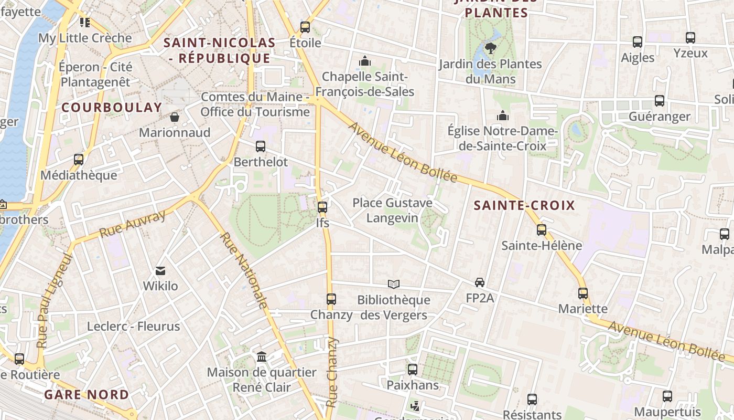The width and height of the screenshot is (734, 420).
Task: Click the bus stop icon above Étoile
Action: (x=305, y=27)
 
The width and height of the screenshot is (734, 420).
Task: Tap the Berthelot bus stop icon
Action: (x=261, y=146)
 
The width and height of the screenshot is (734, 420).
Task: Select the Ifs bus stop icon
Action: (x=322, y=207)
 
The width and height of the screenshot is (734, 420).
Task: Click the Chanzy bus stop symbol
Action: (x=331, y=299)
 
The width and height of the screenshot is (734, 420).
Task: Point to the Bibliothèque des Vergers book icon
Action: (x=394, y=284)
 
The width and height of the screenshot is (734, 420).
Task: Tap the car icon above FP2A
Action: (x=480, y=282)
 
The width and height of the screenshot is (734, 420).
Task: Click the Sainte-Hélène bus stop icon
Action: (x=542, y=230)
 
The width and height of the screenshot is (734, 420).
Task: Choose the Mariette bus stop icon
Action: (x=583, y=293)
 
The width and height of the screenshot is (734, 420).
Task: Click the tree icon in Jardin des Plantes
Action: (x=491, y=48)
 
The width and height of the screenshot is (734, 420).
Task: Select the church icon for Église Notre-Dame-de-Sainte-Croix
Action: (x=503, y=115)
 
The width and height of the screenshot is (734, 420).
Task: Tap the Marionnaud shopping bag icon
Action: (x=175, y=117)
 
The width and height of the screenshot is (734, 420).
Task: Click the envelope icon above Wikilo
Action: (x=160, y=271)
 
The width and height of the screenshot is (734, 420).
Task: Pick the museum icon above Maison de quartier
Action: (x=262, y=357)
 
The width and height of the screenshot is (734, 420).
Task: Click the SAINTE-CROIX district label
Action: (x=524, y=205)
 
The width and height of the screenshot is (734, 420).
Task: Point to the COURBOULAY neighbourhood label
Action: (x=112, y=107)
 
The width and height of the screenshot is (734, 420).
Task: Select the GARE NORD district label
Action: (x=87, y=394)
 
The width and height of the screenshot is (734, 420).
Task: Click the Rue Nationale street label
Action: (x=244, y=270)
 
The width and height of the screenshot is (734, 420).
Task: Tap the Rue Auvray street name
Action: (x=132, y=224)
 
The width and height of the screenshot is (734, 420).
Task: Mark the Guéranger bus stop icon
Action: (x=660, y=101)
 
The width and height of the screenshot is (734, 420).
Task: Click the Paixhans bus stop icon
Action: (x=413, y=370)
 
